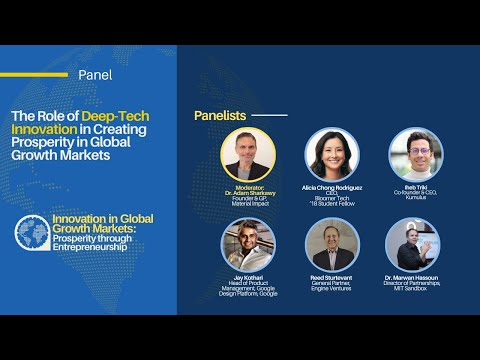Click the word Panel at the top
(94, 74)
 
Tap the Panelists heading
(219, 115)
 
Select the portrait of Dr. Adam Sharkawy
(248, 155)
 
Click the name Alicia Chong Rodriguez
(331, 187)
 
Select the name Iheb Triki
(415, 187)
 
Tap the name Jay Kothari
(247, 277)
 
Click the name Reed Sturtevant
(331, 277)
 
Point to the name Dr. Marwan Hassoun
(415, 277)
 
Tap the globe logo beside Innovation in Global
(33, 232)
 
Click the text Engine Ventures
(331, 289)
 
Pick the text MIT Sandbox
(415, 289)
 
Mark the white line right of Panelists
(268, 115)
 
